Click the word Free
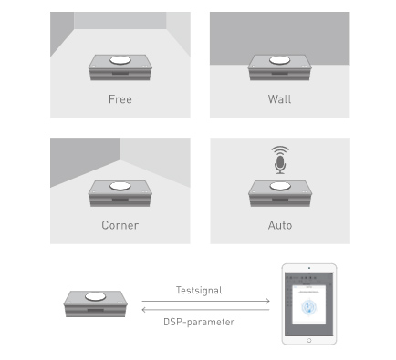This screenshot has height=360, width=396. [120, 99]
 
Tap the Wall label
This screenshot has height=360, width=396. [279, 99]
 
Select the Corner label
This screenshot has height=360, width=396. [120, 225]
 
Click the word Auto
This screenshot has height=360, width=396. [280, 225]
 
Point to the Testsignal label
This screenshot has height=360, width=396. [199, 290]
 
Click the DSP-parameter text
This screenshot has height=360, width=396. [199, 322]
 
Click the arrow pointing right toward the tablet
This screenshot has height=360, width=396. [205, 301]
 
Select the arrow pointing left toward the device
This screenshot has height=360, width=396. [205, 310]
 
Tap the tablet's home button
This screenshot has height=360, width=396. [309, 340]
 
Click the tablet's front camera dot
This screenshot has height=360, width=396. [309, 268]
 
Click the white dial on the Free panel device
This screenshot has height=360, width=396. [120, 60]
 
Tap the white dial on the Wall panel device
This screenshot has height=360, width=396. [279, 60]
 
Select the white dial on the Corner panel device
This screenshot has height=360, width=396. [120, 186]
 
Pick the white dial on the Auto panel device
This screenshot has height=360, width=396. [280, 186]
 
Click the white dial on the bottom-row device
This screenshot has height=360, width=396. [96, 296]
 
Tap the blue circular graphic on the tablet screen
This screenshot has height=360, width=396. [308, 307]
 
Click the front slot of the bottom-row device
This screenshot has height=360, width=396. [96, 310]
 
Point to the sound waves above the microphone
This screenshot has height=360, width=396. [280, 150]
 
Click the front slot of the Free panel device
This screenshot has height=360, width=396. [120, 74]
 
